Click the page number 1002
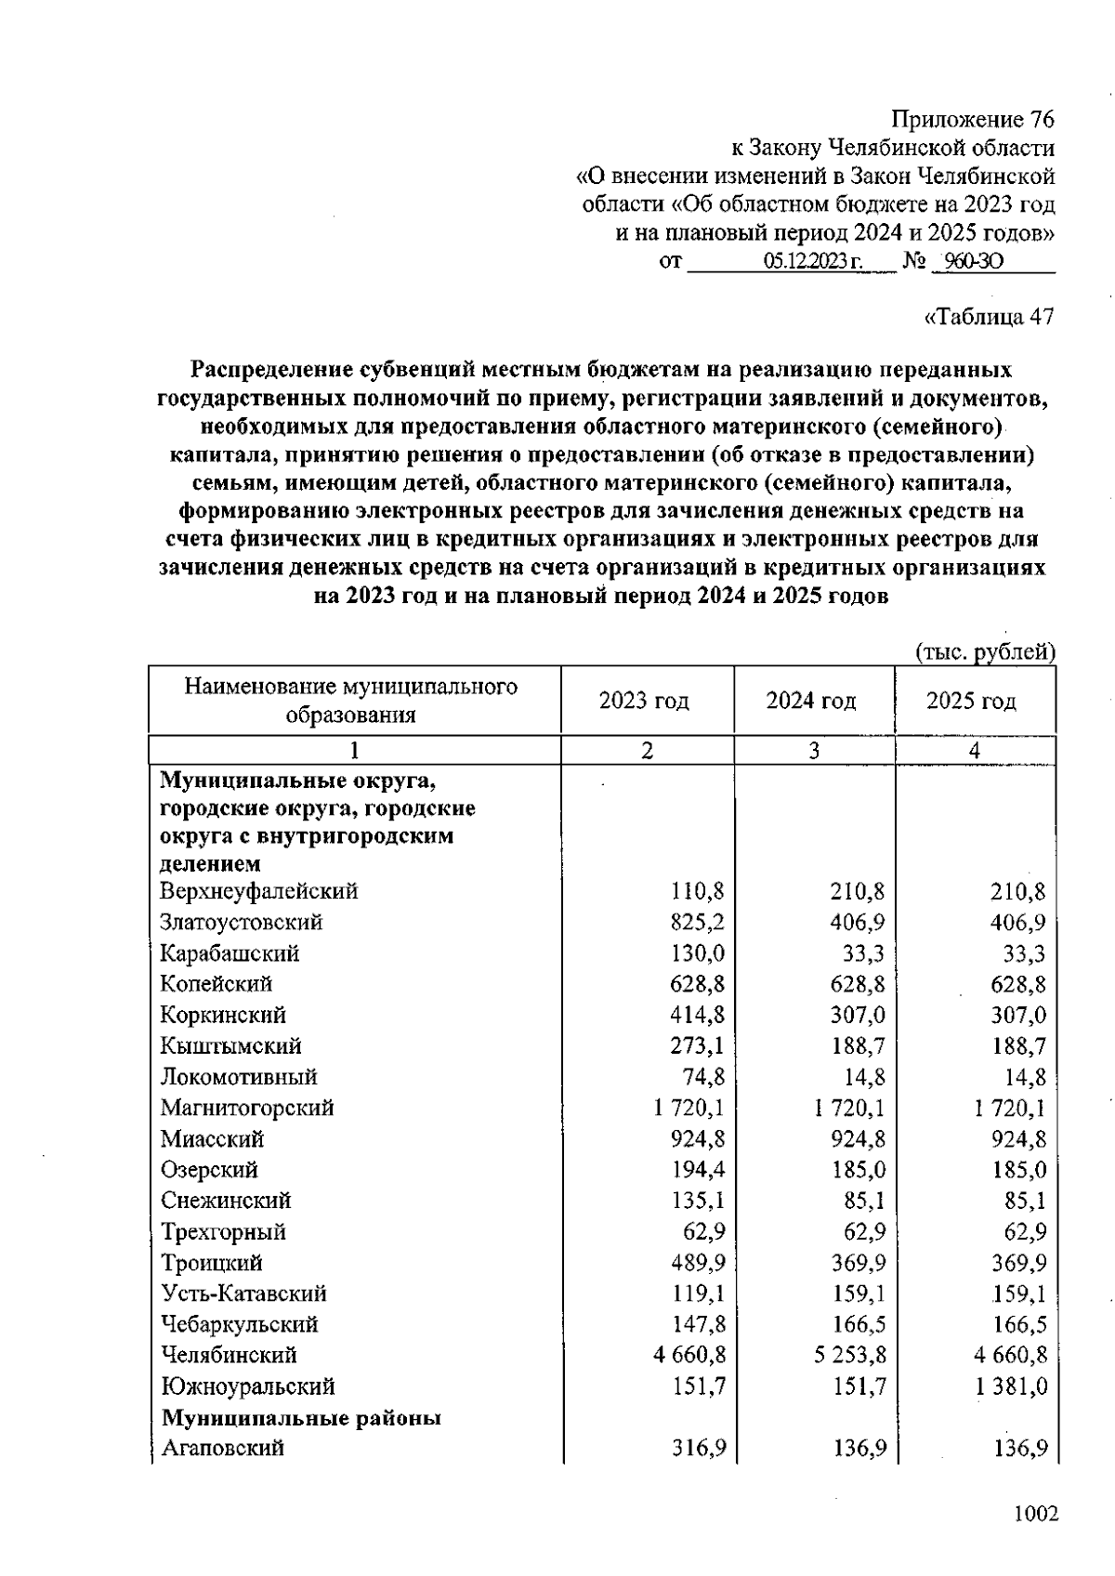(1036, 1515)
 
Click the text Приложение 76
(973, 120)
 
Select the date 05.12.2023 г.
(813, 262)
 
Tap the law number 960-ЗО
(967, 262)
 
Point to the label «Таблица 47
(989, 316)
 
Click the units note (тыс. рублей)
(986, 652)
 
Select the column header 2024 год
(810, 701)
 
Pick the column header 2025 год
(971, 701)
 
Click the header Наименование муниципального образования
(350, 701)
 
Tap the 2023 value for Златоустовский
(697, 922)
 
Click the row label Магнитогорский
(246, 1108)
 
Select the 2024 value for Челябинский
(849, 1355)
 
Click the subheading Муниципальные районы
(301, 1418)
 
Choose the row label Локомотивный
(239, 1077)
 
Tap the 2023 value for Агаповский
(698, 1448)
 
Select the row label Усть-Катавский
(243, 1294)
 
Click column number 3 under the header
(814, 751)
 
